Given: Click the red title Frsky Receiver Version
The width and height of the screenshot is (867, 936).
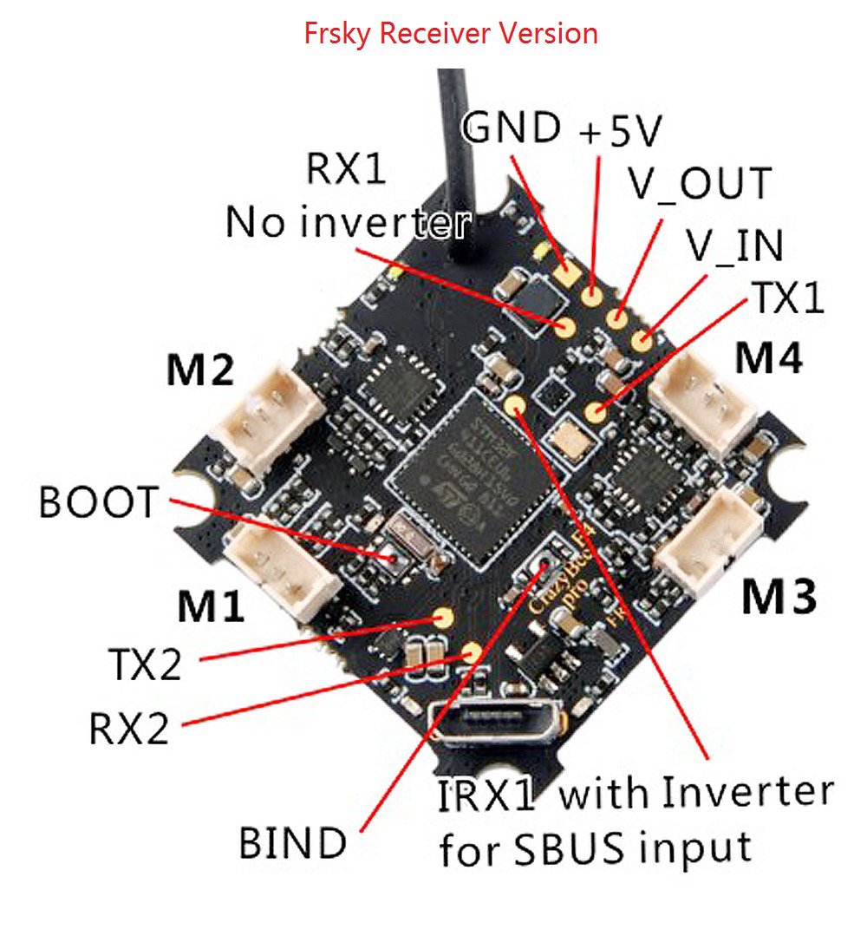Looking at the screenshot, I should (450, 34).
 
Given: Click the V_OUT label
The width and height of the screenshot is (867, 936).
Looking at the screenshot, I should (699, 184).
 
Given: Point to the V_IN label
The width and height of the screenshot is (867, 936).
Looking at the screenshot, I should (733, 246).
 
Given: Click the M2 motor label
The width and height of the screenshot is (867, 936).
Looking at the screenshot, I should (199, 372).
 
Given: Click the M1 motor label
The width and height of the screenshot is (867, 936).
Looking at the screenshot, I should (210, 606).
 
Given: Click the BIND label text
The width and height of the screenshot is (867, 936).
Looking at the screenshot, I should (293, 842).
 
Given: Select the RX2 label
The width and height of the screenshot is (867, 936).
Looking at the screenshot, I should (129, 730).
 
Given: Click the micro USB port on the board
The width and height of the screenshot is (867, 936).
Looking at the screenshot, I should (498, 719).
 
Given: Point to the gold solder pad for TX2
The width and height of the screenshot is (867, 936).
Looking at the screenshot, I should (444, 618).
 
